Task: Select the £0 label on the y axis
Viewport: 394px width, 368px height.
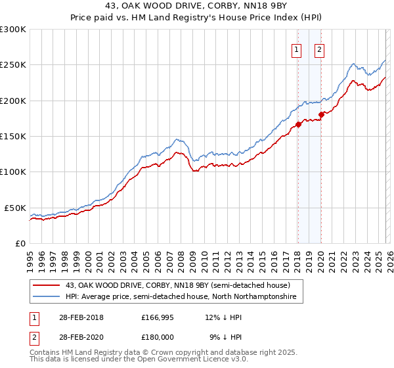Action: click(x=20, y=243)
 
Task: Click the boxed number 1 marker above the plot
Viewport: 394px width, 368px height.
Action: click(x=297, y=49)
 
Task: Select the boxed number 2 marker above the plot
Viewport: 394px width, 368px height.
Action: click(x=320, y=49)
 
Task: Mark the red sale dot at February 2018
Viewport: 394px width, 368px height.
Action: click(x=298, y=124)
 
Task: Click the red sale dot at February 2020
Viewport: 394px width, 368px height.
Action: click(x=321, y=114)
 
